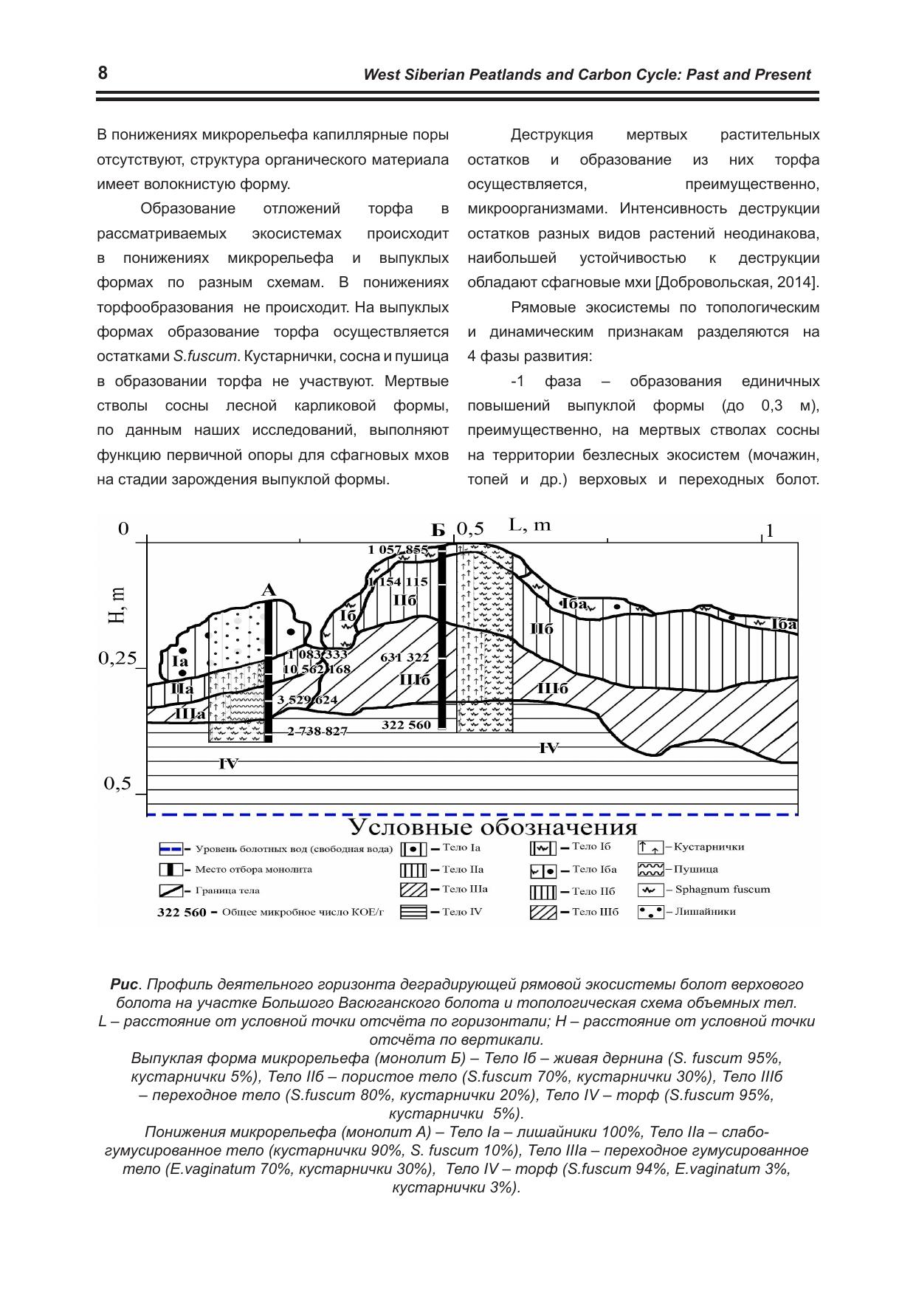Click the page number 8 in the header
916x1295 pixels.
(103, 73)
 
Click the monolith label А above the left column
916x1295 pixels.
(269, 590)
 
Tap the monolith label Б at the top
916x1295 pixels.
(438, 530)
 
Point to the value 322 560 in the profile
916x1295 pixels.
(406, 725)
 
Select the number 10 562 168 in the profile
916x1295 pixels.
(316, 669)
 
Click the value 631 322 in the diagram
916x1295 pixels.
(404, 657)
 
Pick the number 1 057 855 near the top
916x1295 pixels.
(398, 549)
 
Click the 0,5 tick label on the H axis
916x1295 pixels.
(117, 784)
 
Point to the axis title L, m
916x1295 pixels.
(530, 525)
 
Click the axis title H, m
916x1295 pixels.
(117, 605)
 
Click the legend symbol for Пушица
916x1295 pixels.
(650, 869)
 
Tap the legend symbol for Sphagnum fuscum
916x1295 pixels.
(650, 890)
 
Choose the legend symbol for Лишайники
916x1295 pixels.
(650, 911)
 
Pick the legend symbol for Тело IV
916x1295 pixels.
(413, 912)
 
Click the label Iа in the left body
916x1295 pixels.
(180, 662)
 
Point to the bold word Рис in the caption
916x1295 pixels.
(124, 984)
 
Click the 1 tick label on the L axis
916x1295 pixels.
(770, 531)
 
